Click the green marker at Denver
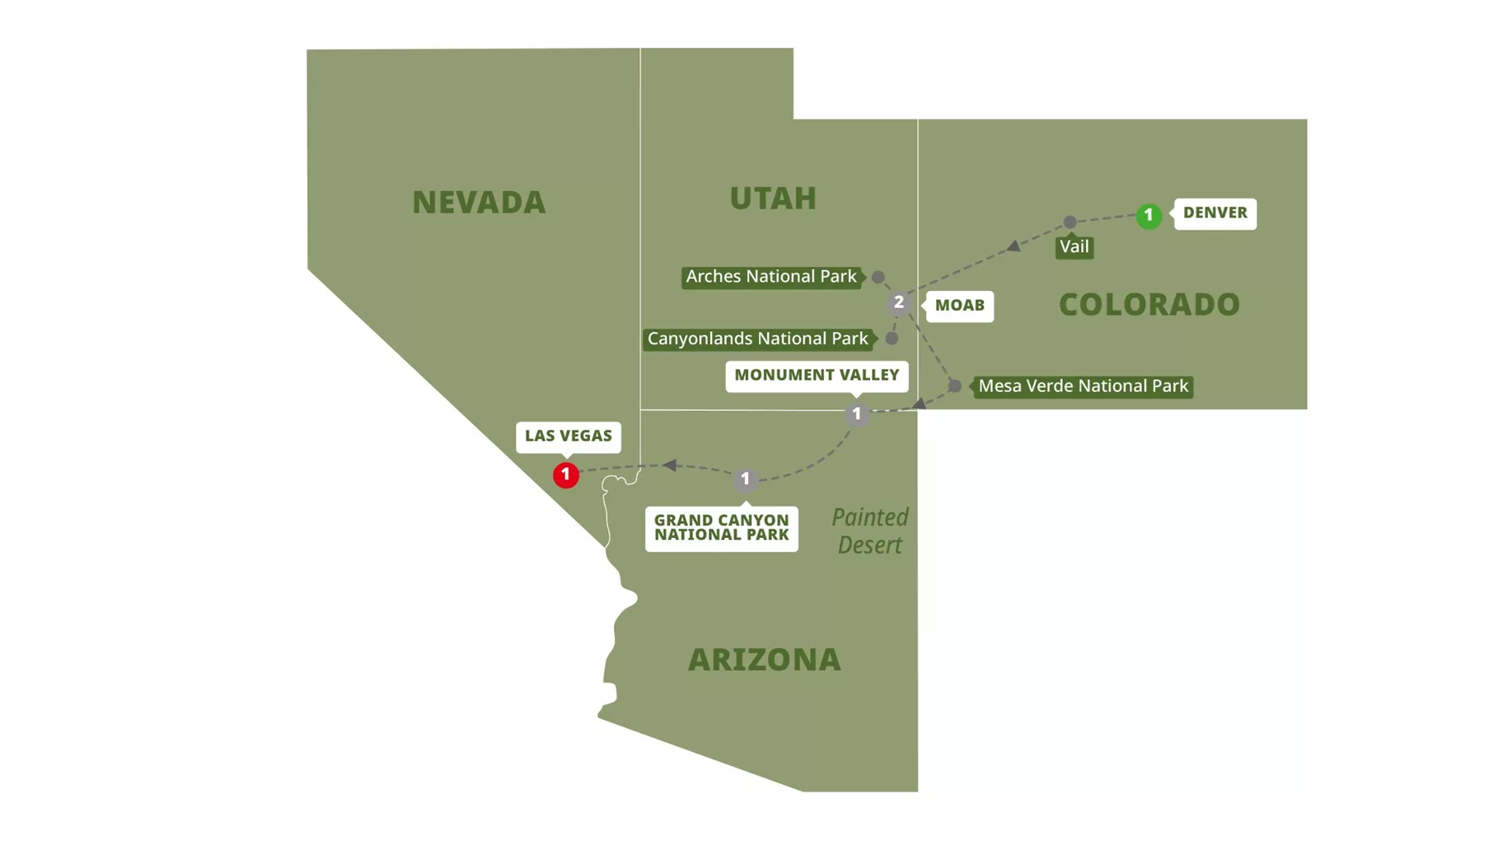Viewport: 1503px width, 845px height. (x=1148, y=216)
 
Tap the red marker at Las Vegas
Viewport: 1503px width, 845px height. (x=565, y=474)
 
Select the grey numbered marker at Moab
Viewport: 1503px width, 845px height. (x=899, y=303)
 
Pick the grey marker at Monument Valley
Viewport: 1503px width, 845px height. (x=857, y=414)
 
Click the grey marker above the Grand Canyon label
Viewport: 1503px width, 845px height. (x=745, y=479)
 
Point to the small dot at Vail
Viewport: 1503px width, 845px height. (x=1070, y=222)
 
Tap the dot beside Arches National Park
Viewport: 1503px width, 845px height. (x=878, y=278)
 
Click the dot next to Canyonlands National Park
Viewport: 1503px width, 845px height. (x=892, y=338)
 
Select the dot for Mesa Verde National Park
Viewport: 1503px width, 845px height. (x=954, y=385)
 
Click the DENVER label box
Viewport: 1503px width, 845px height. (x=1215, y=213)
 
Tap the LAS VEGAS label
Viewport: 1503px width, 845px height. (x=568, y=437)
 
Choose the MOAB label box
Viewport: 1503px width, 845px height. (x=959, y=306)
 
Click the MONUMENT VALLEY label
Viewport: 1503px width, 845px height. (x=816, y=376)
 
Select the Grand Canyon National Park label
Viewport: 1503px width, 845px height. (x=721, y=528)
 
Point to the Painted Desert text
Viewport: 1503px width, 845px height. (x=869, y=531)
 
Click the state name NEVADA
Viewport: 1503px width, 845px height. (x=479, y=203)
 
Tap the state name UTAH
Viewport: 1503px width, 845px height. (x=773, y=198)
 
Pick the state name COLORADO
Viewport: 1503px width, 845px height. (x=1149, y=305)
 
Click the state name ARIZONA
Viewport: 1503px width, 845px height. (x=764, y=660)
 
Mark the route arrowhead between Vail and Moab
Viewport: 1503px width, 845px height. (x=1014, y=245)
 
